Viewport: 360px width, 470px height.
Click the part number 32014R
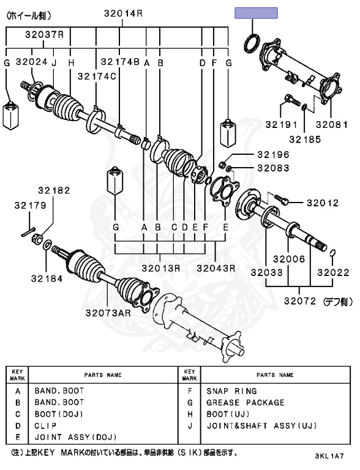tap(122, 13)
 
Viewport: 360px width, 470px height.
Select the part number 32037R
tap(44, 35)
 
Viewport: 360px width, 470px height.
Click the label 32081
tap(331, 124)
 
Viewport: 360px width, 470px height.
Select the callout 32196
tap(272, 154)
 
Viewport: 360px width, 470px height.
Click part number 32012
tap(322, 202)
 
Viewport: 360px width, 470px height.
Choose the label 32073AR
tap(108, 313)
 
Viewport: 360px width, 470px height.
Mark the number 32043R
tap(216, 267)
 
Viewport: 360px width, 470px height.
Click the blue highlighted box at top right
tap(256, 13)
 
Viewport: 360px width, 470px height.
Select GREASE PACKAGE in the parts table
tap(245, 403)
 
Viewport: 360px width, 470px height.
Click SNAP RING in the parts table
tap(231, 391)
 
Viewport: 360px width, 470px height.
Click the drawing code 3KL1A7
tap(330, 457)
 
